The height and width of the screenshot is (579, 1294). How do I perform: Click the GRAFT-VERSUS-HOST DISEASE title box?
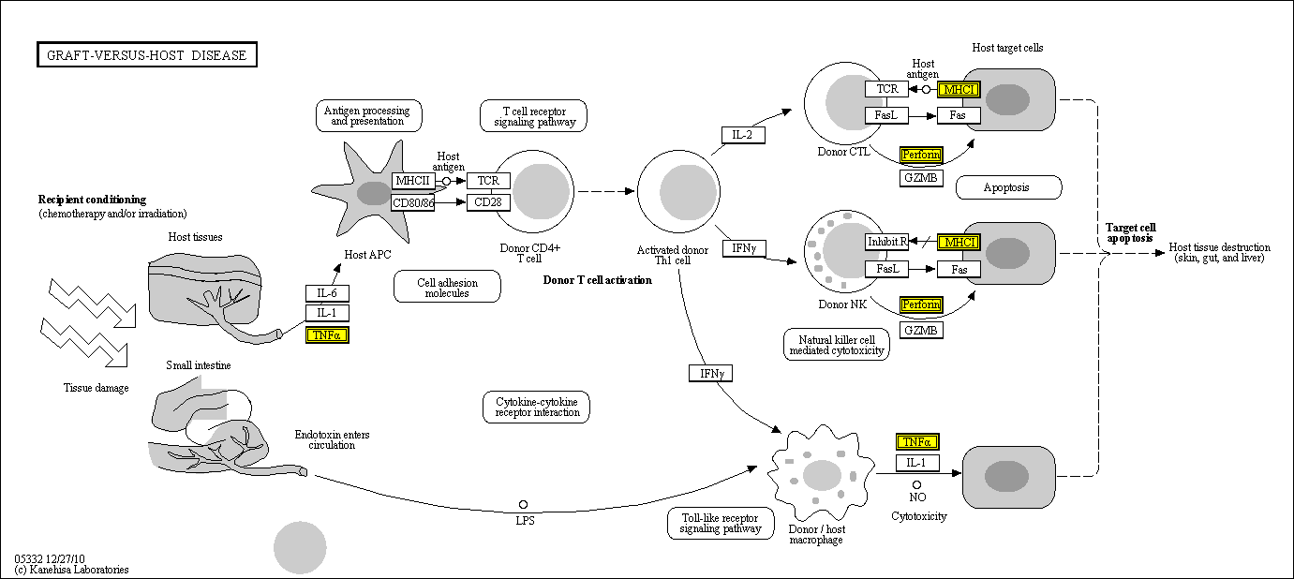(147, 55)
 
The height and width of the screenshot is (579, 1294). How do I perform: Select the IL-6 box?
(327, 293)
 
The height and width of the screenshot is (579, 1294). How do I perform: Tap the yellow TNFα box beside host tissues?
(327, 334)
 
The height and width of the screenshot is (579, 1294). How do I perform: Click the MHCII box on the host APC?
(413, 181)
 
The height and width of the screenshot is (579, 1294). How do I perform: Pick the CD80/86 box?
(413, 202)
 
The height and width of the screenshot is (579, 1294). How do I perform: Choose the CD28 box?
(488, 202)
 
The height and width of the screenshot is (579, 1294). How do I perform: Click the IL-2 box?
(743, 135)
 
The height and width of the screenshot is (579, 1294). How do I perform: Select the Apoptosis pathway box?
(1008, 187)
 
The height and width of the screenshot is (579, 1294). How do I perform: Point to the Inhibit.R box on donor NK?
(886, 242)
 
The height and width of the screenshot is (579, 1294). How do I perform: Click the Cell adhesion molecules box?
(447, 287)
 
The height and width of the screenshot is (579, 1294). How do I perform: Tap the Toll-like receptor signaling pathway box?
(721, 524)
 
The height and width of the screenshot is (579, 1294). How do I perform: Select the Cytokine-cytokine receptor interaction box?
(537, 407)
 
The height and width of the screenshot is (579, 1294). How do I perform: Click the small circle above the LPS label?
(524, 505)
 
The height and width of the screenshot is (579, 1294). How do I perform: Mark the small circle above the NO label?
(917, 484)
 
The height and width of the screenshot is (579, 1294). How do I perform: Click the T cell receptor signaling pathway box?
(532, 115)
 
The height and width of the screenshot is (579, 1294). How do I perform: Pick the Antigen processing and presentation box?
(368, 115)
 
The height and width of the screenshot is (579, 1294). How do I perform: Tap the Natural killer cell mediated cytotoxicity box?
(836, 345)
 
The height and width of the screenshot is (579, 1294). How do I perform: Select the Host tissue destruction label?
(1219, 252)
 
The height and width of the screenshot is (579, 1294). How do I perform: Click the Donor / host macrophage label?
(816, 535)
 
